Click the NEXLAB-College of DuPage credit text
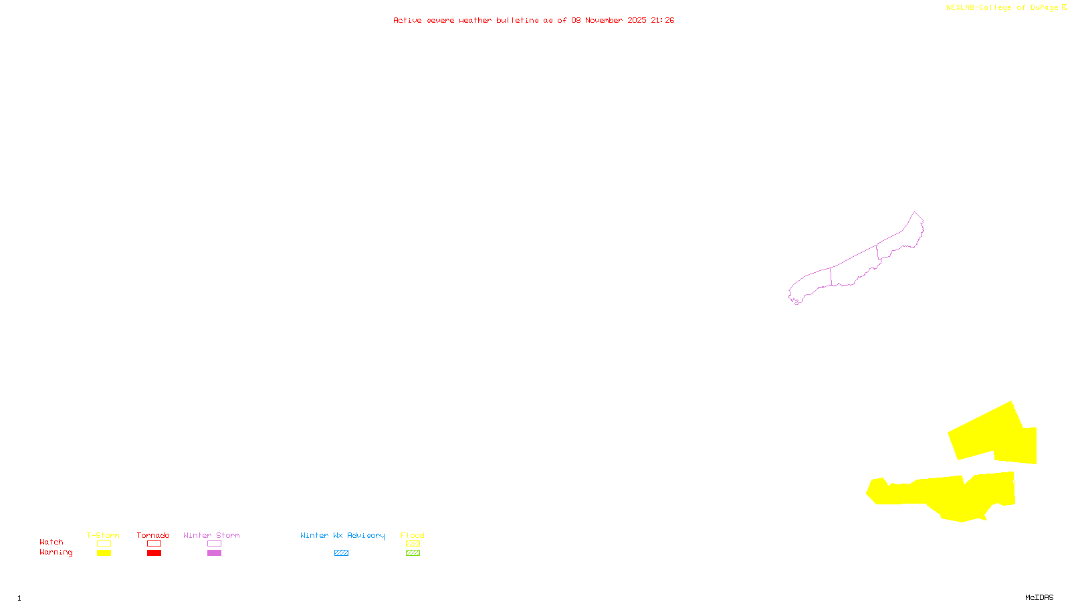[1002, 7]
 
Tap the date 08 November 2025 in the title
[608, 20]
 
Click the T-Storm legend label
[103, 535]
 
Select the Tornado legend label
[153, 535]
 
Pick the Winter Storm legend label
[211, 535]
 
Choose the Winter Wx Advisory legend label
[342, 535]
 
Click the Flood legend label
[413, 535]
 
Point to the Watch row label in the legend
[51, 542]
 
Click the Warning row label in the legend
[56, 553]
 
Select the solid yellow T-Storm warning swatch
[104, 553]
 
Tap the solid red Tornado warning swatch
[154, 553]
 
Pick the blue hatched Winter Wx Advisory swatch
[341, 553]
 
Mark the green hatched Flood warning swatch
[413, 553]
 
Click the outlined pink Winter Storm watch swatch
[214, 544]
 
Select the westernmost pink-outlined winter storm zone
[811, 283]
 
